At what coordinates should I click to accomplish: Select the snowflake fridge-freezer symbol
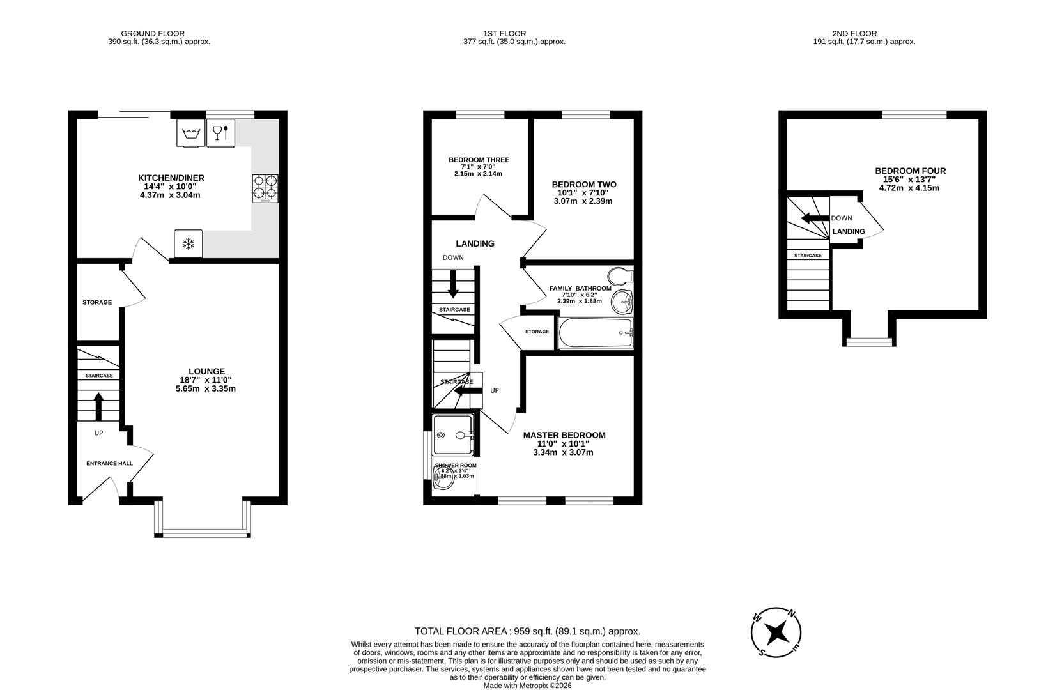click(x=189, y=243)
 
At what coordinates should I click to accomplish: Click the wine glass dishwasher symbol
click(x=220, y=133)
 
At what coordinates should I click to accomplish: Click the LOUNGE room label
click(x=206, y=371)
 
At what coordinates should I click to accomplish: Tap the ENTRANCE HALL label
click(x=109, y=463)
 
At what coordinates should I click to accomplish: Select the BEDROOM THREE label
click(x=479, y=160)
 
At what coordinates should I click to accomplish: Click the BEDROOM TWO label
click(x=584, y=185)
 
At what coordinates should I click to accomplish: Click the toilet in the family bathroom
click(x=619, y=276)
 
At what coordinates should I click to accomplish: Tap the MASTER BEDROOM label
click(x=564, y=435)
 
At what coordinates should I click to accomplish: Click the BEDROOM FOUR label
click(x=910, y=171)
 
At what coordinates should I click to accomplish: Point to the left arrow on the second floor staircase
click(x=813, y=218)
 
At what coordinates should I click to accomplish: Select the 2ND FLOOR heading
click(x=854, y=33)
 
